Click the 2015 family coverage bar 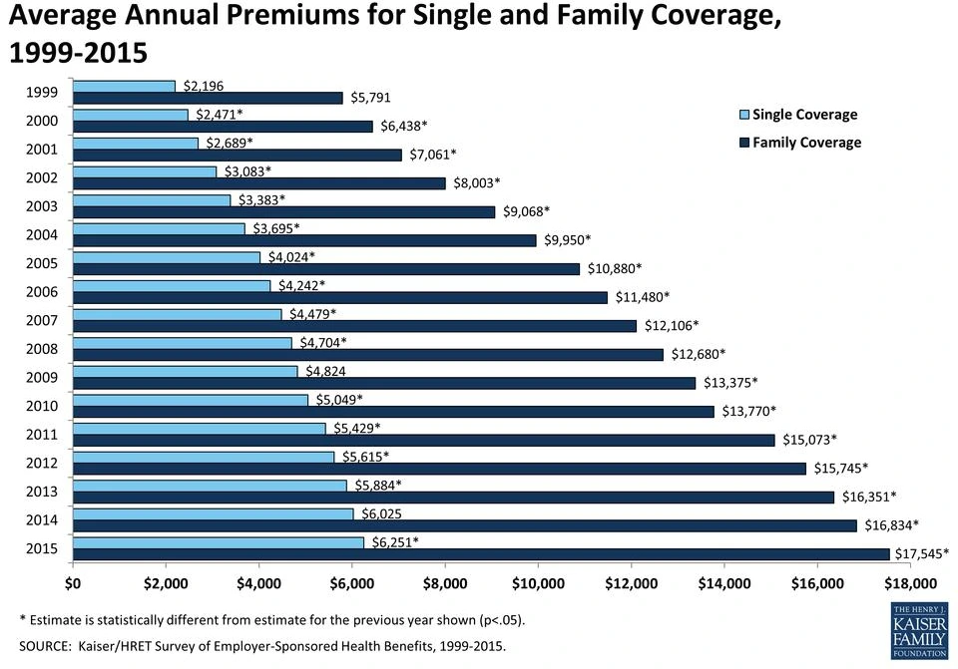[481, 554]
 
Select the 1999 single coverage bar [124, 86]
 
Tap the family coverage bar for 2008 [368, 355]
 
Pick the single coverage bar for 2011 [200, 429]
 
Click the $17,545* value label [921, 553]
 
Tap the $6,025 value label [384, 513]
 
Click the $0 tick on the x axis [73, 583]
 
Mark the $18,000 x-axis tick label [911, 583]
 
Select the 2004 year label [42, 235]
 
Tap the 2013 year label [42, 492]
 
